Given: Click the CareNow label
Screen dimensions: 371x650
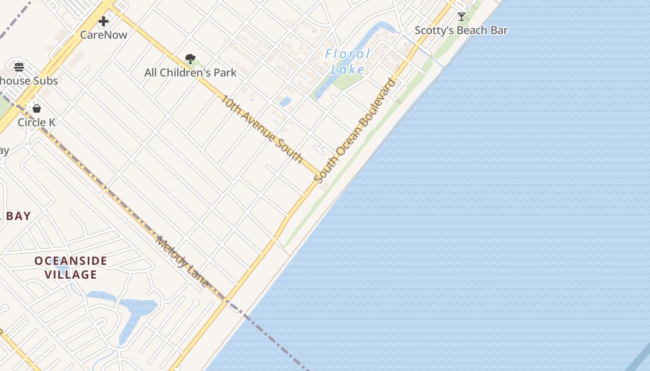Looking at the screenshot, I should pyautogui.click(x=104, y=34).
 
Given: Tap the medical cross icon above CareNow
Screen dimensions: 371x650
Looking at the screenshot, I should pyautogui.click(x=104, y=21).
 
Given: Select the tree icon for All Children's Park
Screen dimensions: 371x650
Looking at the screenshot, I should pyautogui.click(x=190, y=59).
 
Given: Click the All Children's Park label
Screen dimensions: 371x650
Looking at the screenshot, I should pyautogui.click(x=190, y=73).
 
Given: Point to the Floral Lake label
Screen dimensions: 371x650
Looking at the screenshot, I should pyautogui.click(x=348, y=62).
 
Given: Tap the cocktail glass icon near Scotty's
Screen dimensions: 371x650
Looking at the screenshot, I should pyautogui.click(x=461, y=17).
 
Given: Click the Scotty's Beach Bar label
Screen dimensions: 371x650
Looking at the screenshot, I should pyautogui.click(x=461, y=31).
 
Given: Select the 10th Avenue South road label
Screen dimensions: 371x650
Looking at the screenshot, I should pyautogui.click(x=262, y=128).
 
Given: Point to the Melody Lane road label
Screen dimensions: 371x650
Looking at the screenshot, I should pyautogui.click(x=182, y=261).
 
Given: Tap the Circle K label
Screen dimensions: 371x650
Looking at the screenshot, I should pyautogui.click(x=37, y=122).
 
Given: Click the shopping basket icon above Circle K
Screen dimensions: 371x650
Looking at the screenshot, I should pyautogui.click(x=37, y=109).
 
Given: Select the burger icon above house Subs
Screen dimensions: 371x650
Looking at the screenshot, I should pyautogui.click(x=19, y=67).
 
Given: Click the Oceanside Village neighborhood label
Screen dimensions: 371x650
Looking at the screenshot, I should pyautogui.click(x=71, y=268).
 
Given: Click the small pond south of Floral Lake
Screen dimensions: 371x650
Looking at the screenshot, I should pyautogui.click(x=285, y=102).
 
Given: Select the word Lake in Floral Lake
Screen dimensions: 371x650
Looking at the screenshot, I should pyautogui.click(x=348, y=70).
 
